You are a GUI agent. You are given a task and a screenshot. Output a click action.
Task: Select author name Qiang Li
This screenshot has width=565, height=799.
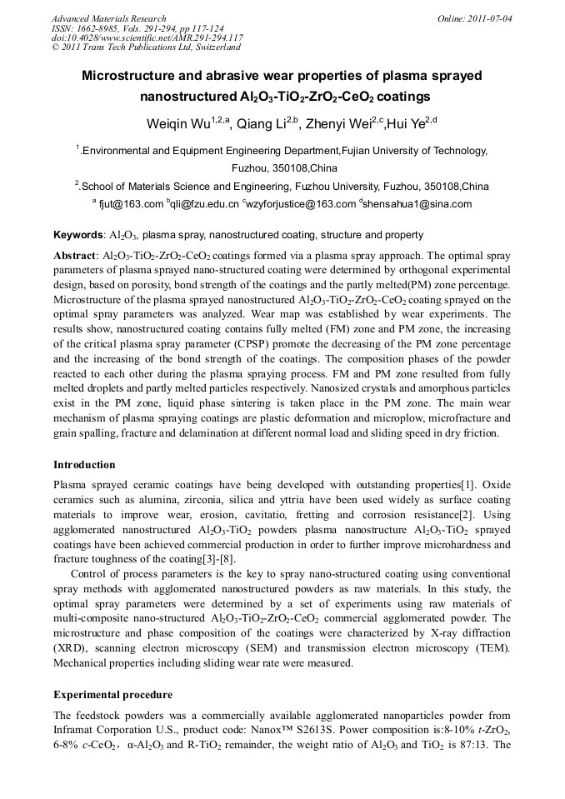(264, 126)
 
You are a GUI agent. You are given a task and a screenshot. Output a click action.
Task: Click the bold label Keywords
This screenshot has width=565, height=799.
(77, 236)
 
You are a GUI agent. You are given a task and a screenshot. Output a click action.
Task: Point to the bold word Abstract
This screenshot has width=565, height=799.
(74, 255)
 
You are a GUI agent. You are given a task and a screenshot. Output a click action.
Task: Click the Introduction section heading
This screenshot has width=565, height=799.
(84, 465)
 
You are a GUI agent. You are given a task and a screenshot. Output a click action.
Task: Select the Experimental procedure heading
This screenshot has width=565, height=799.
(112, 694)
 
